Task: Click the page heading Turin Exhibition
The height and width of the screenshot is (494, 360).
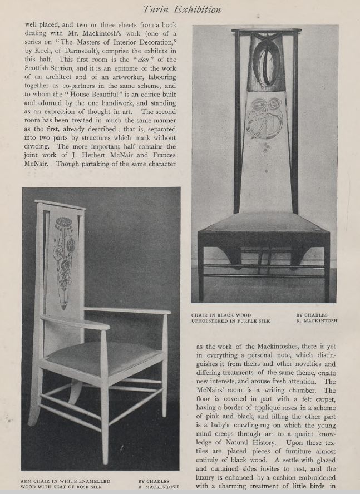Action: point(181,9)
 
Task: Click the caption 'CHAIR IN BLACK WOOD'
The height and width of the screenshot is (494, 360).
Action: point(221,315)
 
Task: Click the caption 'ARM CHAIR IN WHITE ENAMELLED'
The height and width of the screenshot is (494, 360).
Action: point(66,481)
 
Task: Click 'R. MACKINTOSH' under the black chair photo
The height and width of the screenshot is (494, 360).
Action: point(317,322)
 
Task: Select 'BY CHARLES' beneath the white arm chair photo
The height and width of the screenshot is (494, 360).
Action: point(154,481)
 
